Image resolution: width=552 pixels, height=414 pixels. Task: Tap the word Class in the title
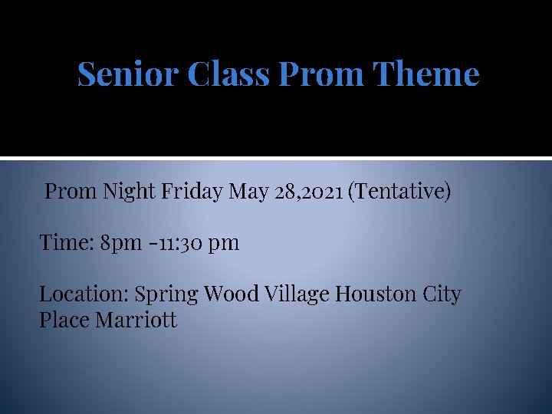tap(228, 74)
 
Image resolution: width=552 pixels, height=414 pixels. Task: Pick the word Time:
tap(67, 243)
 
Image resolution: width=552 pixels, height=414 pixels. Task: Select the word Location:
tap(84, 294)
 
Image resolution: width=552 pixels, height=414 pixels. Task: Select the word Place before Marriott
tap(64, 320)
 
